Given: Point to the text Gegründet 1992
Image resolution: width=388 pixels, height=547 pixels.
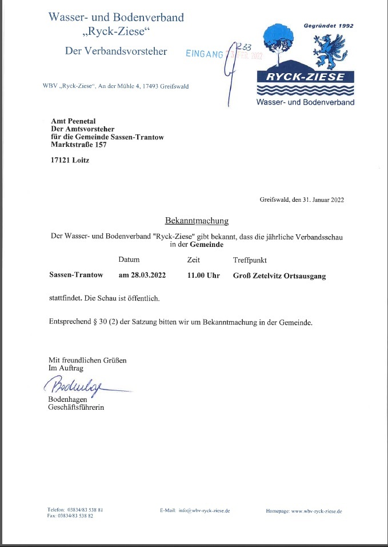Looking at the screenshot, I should coord(329,26).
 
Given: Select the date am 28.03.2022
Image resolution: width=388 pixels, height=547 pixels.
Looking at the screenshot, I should coord(142,276).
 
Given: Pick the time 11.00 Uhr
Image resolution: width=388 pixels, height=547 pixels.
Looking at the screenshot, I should coord(203,276).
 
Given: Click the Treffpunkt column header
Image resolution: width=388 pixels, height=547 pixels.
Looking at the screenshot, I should coord(250,260).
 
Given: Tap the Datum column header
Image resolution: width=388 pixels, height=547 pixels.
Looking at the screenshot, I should coord(129,259).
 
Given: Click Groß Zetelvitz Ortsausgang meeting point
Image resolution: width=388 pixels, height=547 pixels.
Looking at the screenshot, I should coord(279,276).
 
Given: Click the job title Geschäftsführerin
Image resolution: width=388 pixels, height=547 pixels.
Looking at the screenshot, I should coord(77,408).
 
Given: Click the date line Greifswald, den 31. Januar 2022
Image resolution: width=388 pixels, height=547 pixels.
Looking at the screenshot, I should coord(302,200).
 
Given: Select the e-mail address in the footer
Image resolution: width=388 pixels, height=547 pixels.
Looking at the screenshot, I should coord(204,510).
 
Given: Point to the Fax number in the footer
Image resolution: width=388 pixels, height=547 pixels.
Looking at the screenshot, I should coord(70,516).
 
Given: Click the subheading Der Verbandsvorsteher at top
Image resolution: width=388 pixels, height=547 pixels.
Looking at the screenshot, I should coord(116,51).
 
